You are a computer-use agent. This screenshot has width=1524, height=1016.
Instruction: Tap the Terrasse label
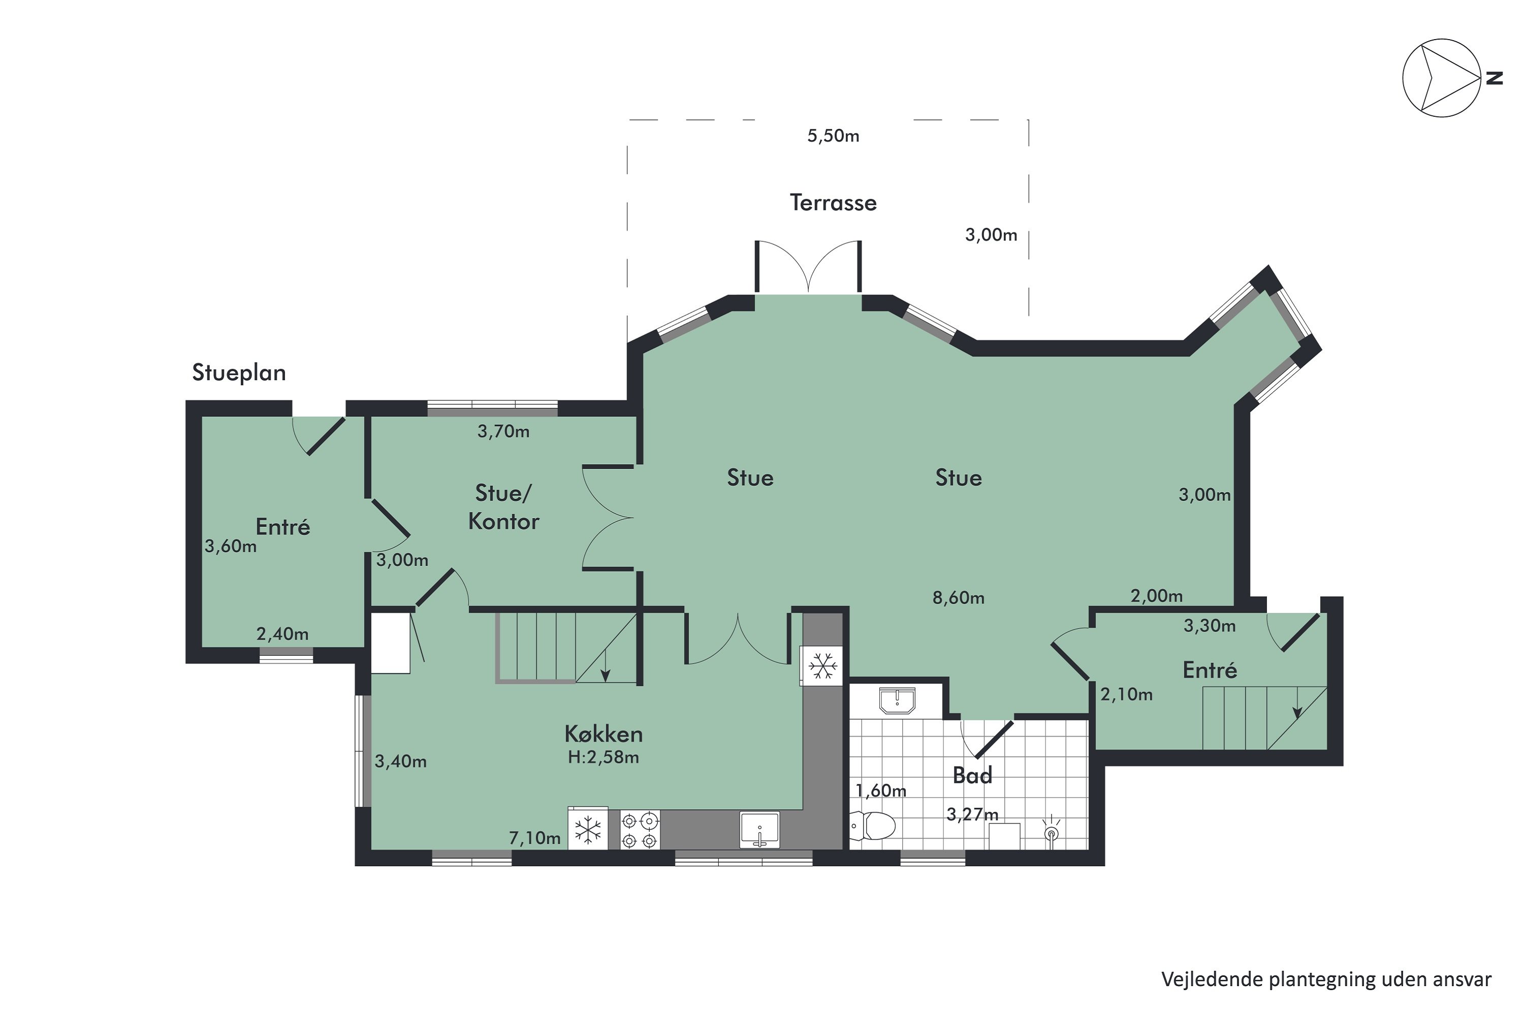pos(833,203)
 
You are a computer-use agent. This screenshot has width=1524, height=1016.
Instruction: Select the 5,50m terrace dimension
pos(833,136)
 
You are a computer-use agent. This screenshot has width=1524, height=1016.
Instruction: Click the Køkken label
pos(604,734)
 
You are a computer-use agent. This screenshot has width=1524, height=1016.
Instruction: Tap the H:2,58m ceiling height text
pos(604,757)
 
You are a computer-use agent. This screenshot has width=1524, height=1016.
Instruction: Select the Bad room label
pos(973,776)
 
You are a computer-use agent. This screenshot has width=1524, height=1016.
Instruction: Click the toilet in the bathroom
pos(873,826)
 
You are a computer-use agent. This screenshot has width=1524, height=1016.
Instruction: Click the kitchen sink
pos(759,830)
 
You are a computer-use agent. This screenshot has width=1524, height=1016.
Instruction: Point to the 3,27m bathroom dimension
pos(973,814)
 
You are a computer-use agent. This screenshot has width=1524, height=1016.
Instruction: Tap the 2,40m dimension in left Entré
pos(282,634)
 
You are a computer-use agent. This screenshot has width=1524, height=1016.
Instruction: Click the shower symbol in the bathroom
pos(1052,831)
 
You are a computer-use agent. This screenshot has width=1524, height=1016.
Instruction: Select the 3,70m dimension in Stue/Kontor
pos(503,431)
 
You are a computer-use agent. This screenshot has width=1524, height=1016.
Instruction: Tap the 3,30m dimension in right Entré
pos(1210,626)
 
